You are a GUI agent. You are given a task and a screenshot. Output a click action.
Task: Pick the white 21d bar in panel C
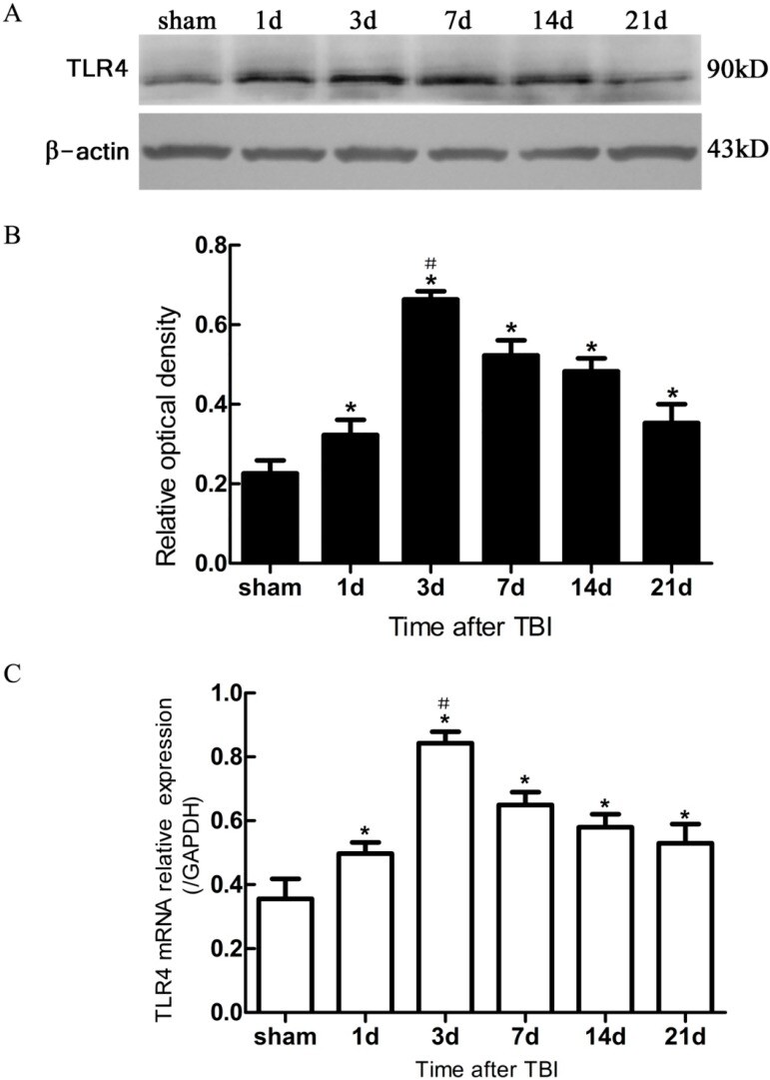[705, 929]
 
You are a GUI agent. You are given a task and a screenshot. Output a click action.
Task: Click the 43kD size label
[733, 154]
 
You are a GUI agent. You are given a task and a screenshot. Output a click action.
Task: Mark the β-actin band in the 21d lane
[635, 153]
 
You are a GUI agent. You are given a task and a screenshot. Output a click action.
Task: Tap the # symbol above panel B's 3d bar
[430, 264]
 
